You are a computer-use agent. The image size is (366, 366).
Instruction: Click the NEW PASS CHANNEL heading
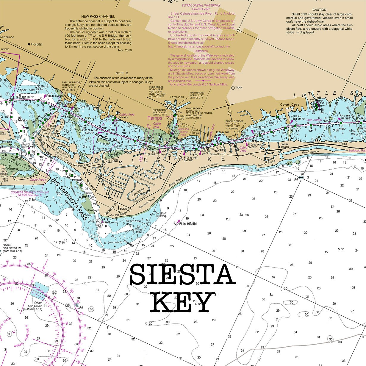click(x=98, y=17)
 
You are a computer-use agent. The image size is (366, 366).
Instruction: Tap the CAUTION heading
click(x=319, y=10)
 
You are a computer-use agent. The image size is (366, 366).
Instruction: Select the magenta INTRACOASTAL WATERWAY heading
click(x=201, y=5)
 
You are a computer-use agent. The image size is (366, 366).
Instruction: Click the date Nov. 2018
click(x=125, y=50)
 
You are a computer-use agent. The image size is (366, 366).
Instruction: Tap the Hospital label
click(x=37, y=44)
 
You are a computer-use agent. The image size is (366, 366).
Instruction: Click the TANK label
click(x=239, y=88)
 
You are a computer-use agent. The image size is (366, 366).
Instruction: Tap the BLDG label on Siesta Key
click(x=123, y=209)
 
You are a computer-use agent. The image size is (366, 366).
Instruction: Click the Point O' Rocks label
click(x=265, y=165)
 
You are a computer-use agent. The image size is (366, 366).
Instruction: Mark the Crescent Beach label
click(x=209, y=166)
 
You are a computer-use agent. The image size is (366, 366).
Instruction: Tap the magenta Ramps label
click(x=155, y=118)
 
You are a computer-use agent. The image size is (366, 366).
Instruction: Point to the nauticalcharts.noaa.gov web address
click(x=199, y=46)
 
